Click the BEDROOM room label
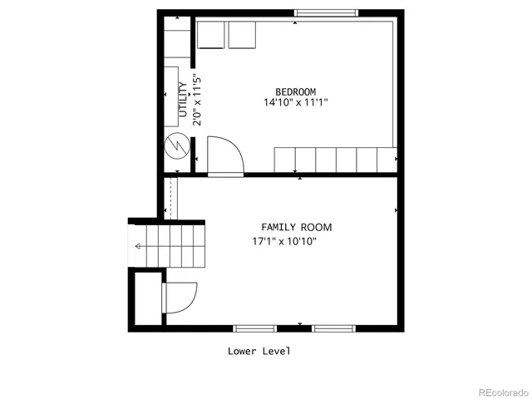tap(295, 91)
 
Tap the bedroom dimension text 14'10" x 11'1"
tap(295, 103)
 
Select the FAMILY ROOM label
tap(296, 227)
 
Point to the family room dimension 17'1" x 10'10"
tap(285, 242)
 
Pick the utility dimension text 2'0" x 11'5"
tap(198, 99)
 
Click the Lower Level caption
tap(259, 351)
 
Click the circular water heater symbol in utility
tap(176, 146)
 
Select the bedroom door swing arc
tap(224, 154)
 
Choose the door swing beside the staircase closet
tap(180, 298)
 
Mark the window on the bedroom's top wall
tap(327, 12)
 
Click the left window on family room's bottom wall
tap(254, 328)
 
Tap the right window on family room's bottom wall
tap(334, 328)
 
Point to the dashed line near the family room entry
tap(170, 197)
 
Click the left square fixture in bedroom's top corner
tap(210, 37)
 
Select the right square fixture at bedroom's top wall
tap(242, 37)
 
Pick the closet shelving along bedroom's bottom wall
tap(335, 159)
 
